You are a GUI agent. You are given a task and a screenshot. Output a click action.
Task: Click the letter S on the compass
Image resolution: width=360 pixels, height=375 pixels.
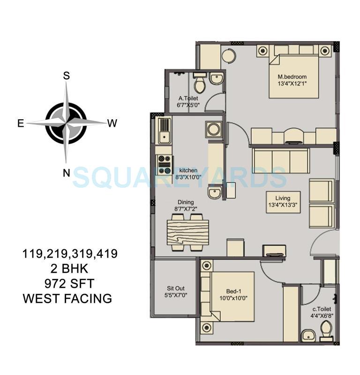pyautogui.click(x=67, y=76)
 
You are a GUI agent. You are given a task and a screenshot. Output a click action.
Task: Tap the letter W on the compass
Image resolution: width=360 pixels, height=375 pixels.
pyautogui.click(x=112, y=123)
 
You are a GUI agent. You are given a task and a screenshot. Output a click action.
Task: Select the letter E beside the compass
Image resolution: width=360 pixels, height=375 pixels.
pyautogui.click(x=21, y=123)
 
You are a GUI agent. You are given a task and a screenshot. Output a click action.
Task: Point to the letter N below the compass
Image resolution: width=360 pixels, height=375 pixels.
pyautogui.click(x=67, y=173)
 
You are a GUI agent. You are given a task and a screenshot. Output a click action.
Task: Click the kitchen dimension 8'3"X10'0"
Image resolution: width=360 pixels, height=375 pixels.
pyautogui.click(x=186, y=177)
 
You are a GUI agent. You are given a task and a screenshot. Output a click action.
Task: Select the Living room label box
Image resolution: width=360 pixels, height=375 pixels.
pyautogui.click(x=283, y=202)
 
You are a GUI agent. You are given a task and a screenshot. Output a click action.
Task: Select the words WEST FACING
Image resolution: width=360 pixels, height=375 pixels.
pyautogui.click(x=67, y=298)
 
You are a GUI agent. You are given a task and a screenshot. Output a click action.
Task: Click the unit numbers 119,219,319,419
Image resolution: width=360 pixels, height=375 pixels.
pyautogui.click(x=70, y=254)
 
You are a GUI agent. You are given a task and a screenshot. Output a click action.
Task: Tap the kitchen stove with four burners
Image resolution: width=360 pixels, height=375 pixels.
pyautogui.click(x=165, y=165)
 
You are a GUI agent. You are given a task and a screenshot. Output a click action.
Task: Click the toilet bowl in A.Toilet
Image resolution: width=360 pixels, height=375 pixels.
pyautogui.click(x=200, y=84)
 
